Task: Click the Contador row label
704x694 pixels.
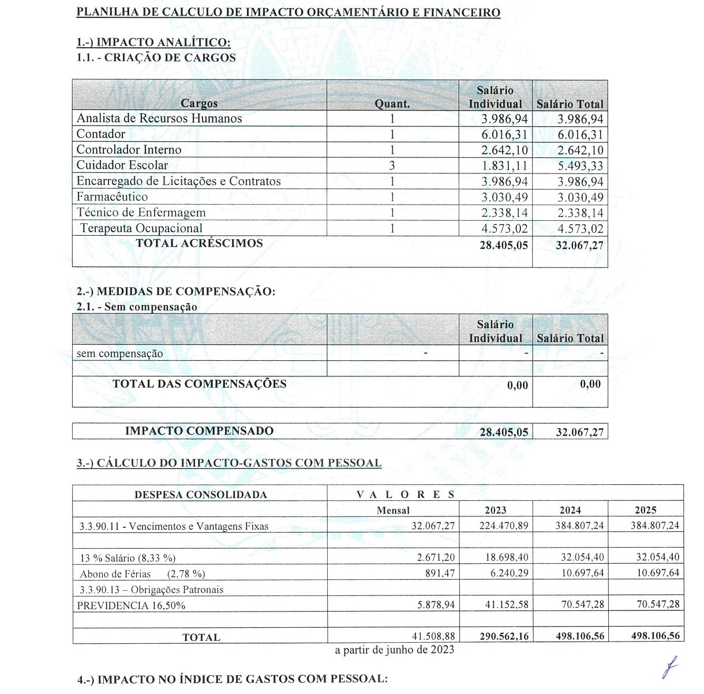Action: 101,134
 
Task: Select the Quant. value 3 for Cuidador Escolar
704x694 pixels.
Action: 392,165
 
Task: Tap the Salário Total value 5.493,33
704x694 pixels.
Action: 580,166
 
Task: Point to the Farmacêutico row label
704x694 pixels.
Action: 112,197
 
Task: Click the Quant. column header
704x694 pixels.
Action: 392,104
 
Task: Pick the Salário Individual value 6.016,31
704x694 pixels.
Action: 504,135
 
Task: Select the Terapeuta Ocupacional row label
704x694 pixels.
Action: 141,228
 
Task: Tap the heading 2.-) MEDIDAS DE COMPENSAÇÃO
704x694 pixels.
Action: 176,292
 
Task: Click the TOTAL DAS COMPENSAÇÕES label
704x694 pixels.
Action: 199,384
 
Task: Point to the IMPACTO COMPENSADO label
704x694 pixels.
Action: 199,431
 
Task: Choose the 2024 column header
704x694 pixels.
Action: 570,510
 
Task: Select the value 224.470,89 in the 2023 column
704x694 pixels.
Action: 504,526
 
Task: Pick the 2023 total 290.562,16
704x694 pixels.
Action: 504,636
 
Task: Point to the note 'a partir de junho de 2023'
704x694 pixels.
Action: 395,650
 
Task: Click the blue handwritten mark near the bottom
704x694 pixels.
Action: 669,669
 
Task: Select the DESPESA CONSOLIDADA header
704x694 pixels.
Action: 200,495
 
